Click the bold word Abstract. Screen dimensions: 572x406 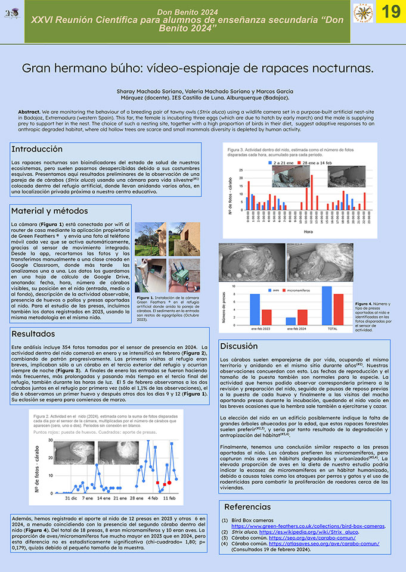click(x=30, y=112)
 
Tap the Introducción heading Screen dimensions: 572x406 click(x=37, y=149)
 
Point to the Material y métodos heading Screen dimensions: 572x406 click(x=49, y=211)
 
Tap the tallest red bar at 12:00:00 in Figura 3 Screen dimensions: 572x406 click(x=311, y=192)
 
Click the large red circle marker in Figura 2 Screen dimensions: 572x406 click(x=169, y=482)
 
